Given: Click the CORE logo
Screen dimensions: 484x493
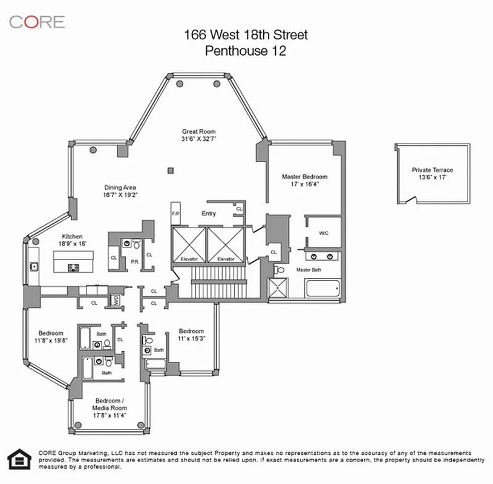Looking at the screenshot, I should click(36, 22).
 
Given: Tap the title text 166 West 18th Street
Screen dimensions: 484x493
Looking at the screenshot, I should click(246, 35).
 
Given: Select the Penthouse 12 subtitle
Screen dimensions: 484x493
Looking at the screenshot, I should click(246, 51).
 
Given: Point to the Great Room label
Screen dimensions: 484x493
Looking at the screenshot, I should click(199, 131).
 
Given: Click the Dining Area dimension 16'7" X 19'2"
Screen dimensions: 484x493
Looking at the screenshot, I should click(121, 195).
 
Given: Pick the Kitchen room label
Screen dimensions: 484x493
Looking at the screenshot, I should click(72, 237).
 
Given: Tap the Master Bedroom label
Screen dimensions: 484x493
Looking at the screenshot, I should click(304, 177).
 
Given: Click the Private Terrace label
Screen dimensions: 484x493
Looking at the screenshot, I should click(432, 170).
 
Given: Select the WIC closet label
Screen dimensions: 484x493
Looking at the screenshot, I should click(323, 233).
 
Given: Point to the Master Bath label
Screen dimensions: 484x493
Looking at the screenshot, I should click(307, 269).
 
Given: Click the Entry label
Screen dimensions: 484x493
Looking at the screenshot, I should click(208, 214).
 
